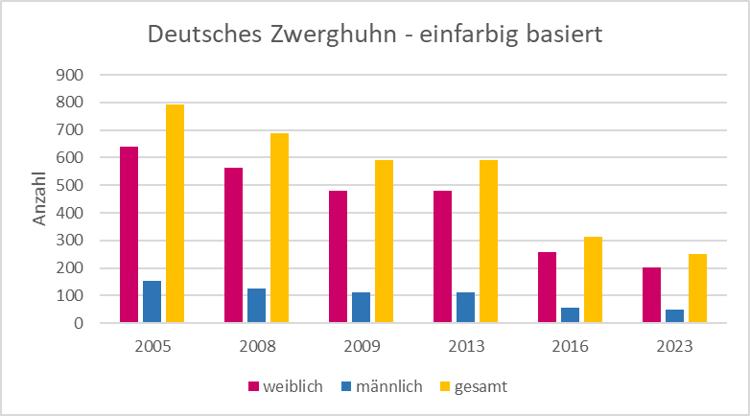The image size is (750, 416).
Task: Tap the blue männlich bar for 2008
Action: pos(256,306)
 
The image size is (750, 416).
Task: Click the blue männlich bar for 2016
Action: pos(570,315)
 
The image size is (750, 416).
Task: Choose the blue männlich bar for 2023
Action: pos(674,316)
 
